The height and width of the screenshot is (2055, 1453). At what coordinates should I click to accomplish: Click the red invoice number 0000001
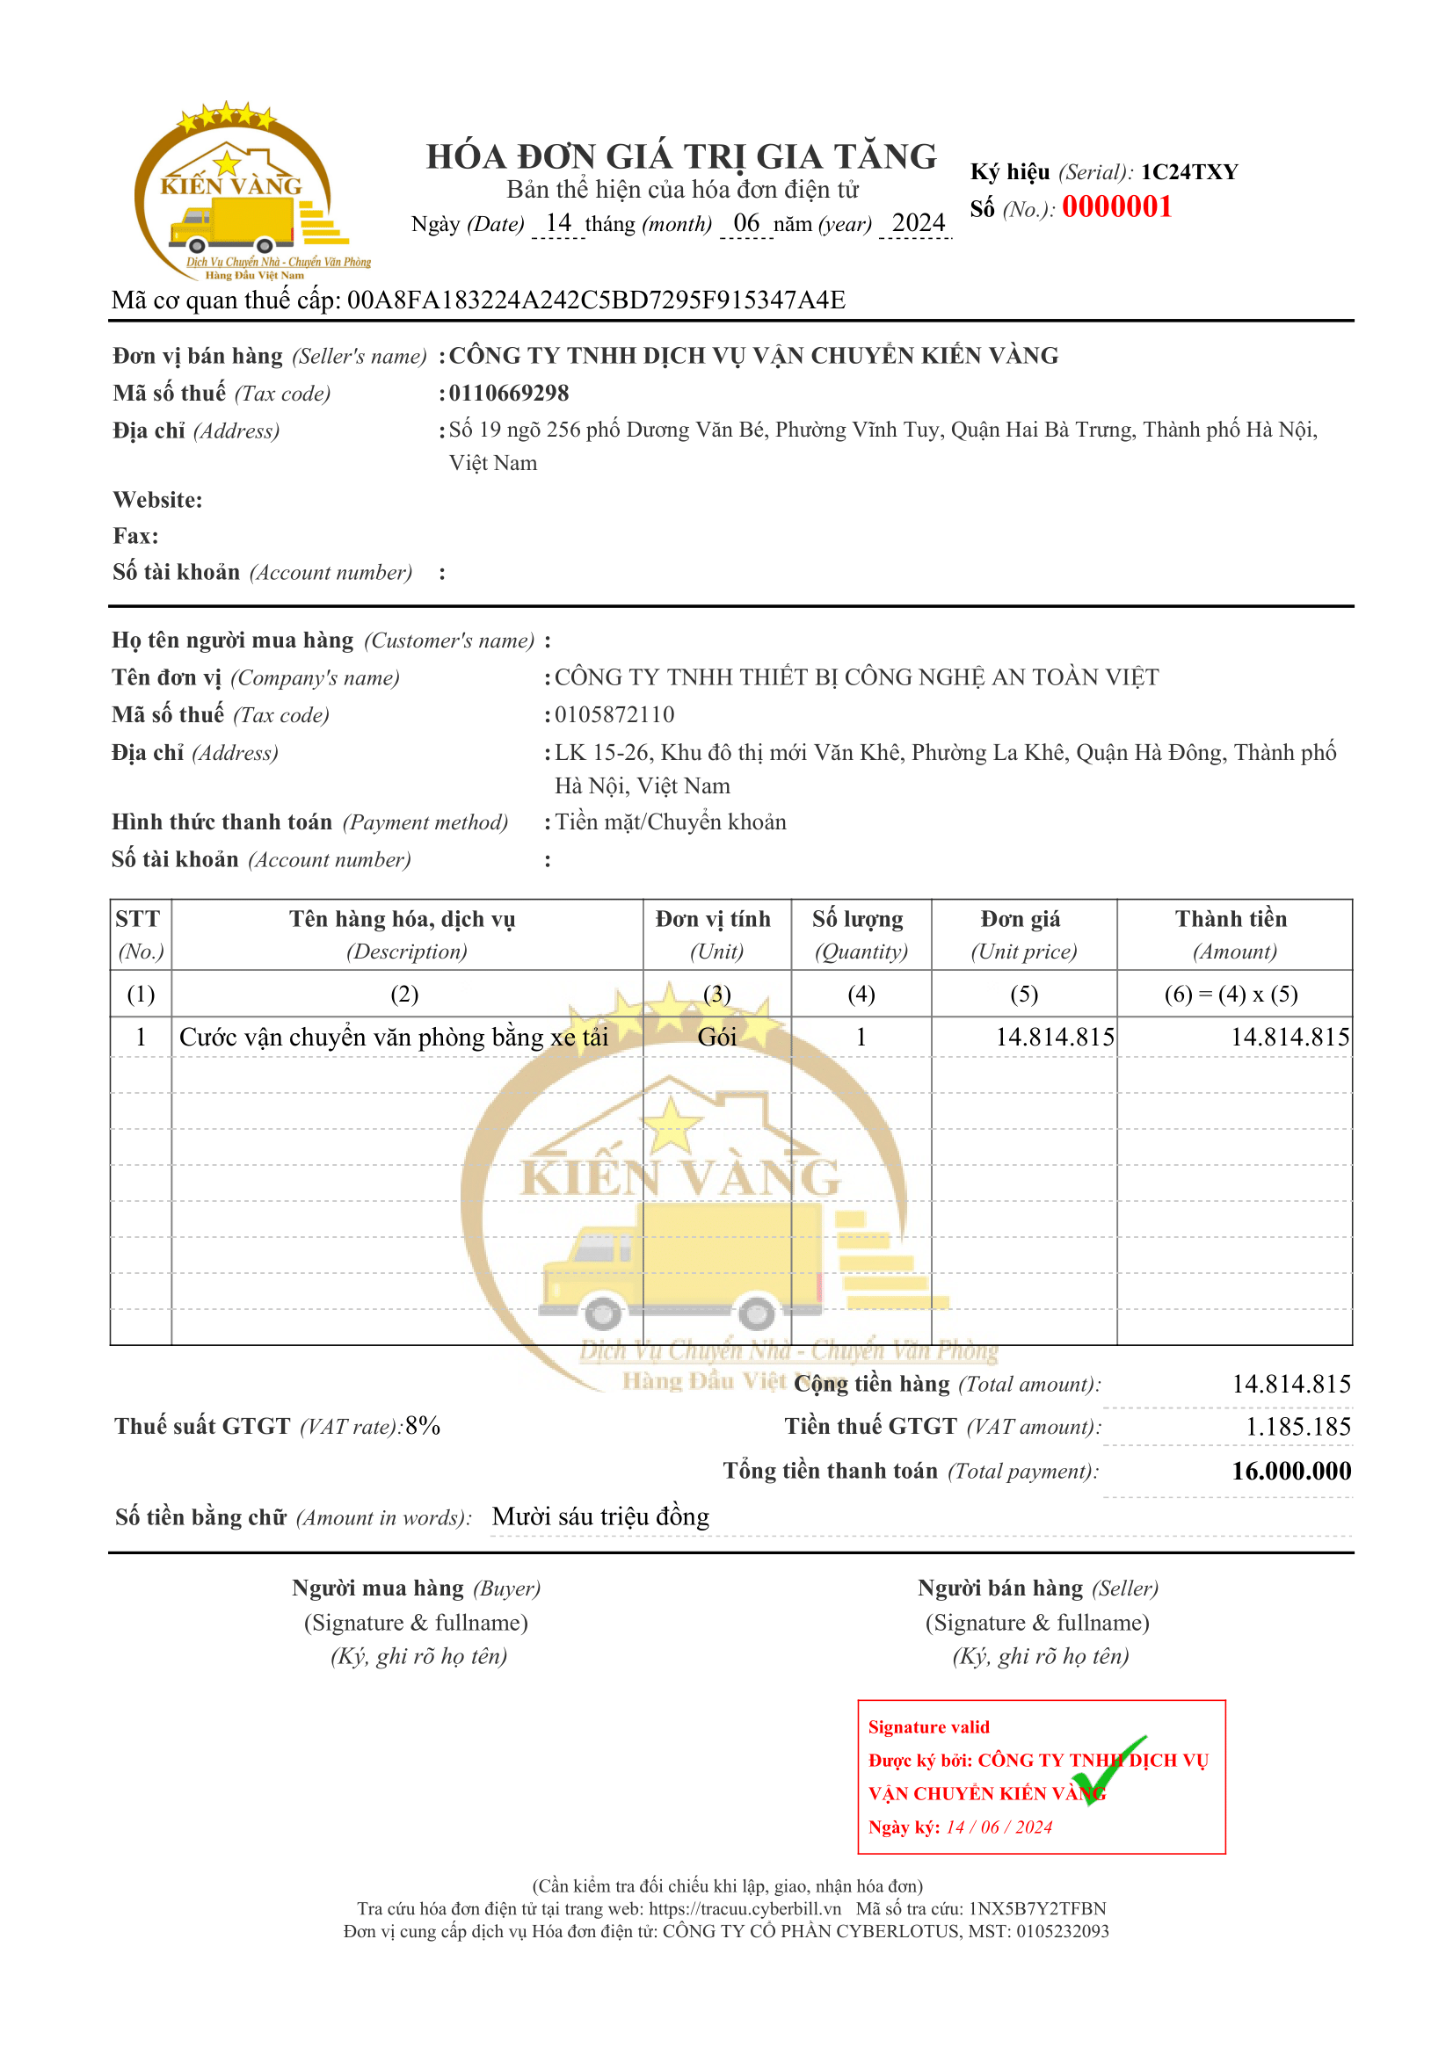[x=1116, y=206]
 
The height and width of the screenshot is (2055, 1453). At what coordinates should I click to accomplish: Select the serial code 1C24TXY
[x=1189, y=172]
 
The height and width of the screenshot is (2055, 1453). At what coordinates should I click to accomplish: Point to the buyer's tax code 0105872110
[x=614, y=714]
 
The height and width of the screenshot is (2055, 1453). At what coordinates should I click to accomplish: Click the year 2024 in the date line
[x=919, y=223]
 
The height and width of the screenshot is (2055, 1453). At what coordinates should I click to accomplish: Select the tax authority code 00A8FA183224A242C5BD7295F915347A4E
[x=595, y=300]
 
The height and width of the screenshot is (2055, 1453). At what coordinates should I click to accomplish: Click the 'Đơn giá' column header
[x=1021, y=919]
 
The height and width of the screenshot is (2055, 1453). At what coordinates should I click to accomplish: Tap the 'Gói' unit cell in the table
[x=717, y=1037]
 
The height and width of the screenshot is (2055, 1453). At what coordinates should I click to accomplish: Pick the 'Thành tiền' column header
[x=1231, y=919]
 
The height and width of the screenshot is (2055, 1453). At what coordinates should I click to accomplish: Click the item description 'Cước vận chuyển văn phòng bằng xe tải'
[x=393, y=1037]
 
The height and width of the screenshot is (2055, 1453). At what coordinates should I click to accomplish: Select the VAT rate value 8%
[x=423, y=1426]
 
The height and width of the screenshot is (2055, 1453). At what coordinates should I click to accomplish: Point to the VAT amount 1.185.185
[x=1298, y=1427]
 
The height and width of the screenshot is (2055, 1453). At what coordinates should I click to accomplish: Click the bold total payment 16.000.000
[x=1291, y=1471]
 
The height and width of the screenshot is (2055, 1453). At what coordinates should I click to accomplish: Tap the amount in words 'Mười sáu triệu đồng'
[x=600, y=1516]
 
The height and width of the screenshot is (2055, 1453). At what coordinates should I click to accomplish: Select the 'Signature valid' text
[x=928, y=1726]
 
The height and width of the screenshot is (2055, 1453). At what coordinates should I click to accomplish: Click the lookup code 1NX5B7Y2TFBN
[x=1037, y=1908]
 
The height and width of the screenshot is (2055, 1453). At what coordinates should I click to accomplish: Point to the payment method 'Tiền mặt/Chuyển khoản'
[x=671, y=821]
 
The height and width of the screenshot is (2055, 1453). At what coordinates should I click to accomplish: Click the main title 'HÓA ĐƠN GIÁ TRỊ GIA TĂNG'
[x=681, y=156]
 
